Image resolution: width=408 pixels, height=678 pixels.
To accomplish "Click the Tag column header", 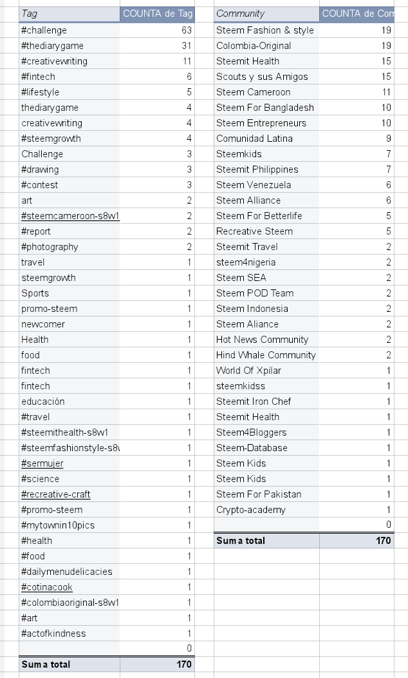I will pyautogui.click(x=30, y=14).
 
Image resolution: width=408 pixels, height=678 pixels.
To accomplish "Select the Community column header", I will pyautogui.click(x=240, y=14).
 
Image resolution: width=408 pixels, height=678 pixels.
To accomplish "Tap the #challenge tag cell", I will pyautogui.click(x=44, y=30).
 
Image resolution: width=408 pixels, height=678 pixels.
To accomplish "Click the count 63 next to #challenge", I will pyautogui.click(x=187, y=30).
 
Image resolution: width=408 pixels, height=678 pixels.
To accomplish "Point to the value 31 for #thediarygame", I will pyautogui.click(x=187, y=46).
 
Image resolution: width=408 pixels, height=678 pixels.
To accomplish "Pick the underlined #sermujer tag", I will pyautogui.click(x=42, y=463).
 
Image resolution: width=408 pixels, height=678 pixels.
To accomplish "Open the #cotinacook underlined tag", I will pyautogui.click(x=47, y=587).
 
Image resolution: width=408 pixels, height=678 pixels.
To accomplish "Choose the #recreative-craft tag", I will pyautogui.click(x=56, y=494).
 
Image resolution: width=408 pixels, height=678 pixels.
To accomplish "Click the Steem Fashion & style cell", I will pyautogui.click(x=265, y=30).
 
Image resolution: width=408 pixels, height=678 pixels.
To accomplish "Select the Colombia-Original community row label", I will pyautogui.click(x=254, y=46).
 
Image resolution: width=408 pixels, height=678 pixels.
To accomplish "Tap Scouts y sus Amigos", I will pyautogui.click(x=262, y=77).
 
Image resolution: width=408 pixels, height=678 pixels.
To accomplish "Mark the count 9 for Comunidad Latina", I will pyautogui.click(x=388, y=139).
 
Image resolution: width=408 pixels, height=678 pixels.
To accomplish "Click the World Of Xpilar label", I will pyautogui.click(x=248, y=371).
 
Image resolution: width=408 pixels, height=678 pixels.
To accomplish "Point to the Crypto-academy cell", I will pyautogui.click(x=251, y=510).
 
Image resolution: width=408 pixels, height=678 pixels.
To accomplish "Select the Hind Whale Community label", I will pyautogui.click(x=266, y=355).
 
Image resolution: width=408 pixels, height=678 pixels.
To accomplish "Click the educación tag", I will pyautogui.click(x=43, y=402).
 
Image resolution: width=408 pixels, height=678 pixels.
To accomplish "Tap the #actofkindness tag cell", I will pyautogui.click(x=53, y=634).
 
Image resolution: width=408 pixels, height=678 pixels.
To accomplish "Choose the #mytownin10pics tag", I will pyautogui.click(x=58, y=525).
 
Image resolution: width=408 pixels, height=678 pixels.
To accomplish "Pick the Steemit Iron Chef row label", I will pyautogui.click(x=254, y=402).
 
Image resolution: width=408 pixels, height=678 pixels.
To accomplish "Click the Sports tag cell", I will pyautogui.click(x=35, y=293).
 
